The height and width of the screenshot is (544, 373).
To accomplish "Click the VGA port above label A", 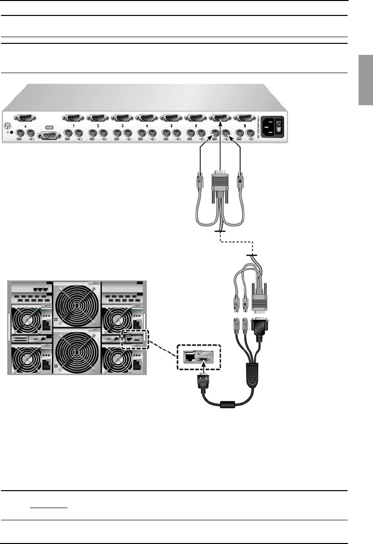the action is click(24, 118).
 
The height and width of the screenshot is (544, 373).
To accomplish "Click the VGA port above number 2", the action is click(98, 118).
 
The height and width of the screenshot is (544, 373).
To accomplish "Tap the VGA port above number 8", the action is click(244, 118).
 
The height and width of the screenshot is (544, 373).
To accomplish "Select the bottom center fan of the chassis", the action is click(76, 352).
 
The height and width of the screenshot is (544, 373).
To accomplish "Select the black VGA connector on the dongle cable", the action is click(260, 332).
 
